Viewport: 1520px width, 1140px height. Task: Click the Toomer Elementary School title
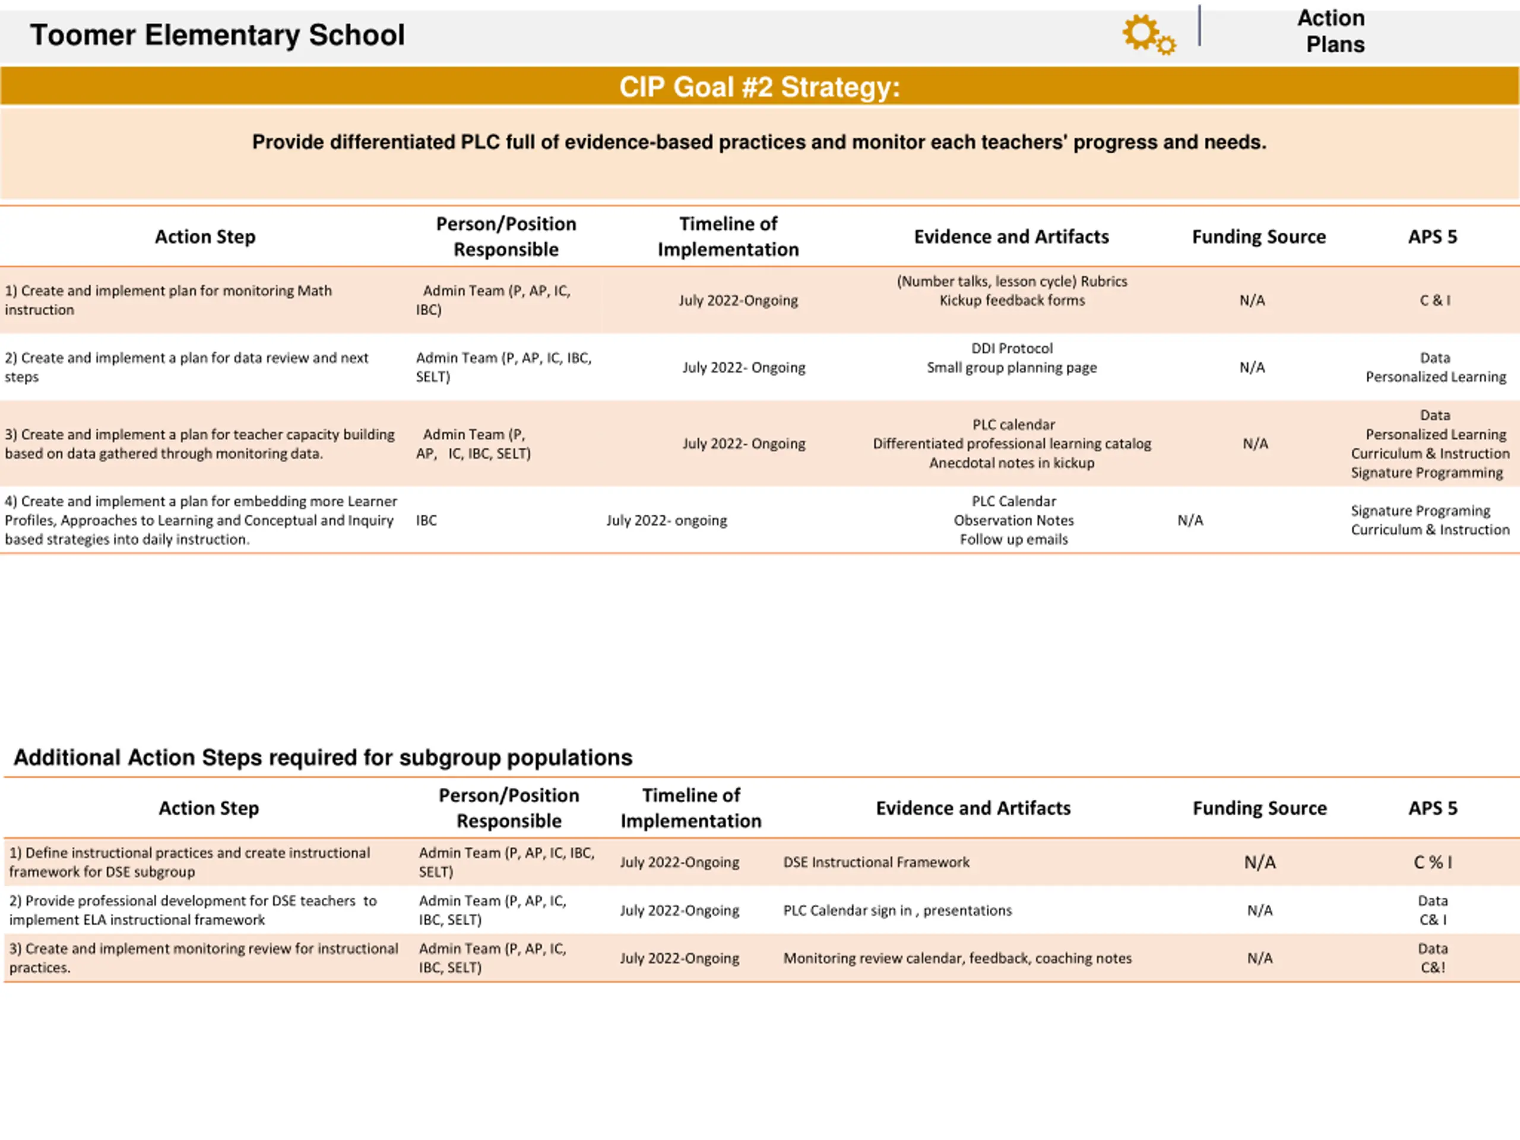coord(217,35)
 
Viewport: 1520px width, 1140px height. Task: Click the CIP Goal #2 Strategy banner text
coord(759,87)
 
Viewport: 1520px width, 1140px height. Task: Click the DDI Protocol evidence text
coord(1012,349)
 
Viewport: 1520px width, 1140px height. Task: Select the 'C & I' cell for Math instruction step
coord(1434,300)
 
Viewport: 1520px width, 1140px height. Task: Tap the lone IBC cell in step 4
coord(426,520)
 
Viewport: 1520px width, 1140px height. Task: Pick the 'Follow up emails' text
coord(1014,539)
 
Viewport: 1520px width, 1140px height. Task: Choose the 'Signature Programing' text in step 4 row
coord(1420,511)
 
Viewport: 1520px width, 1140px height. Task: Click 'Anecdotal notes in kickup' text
coord(1012,463)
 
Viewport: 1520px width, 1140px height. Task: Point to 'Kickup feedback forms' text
coord(1012,300)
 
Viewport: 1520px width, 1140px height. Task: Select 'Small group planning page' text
coord(1012,368)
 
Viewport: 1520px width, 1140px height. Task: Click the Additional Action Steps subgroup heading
coord(323,757)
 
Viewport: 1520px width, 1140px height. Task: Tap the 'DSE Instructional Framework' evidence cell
coord(876,862)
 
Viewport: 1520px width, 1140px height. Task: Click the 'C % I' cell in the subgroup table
coord(1433,862)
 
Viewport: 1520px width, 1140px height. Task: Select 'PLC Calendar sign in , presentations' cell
coord(897,910)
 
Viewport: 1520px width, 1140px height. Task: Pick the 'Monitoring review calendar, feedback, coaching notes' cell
coord(957,958)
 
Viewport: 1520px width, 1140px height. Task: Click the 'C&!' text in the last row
coord(1433,968)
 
